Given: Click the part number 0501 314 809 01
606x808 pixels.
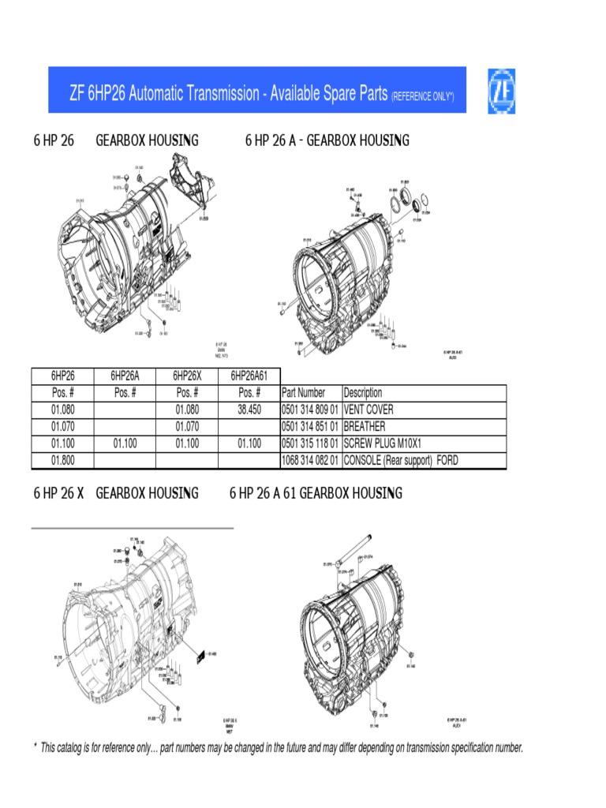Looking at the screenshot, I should tap(310, 410).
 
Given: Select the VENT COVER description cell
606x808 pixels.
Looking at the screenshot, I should tap(368, 410).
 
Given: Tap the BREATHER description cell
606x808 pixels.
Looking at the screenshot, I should tap(363, 427).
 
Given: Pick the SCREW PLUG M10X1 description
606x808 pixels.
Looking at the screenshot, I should tap(383, 444).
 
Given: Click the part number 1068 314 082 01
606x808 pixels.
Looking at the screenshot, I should tap(310, 461).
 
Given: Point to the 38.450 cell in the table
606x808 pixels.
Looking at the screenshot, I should tap(249, 410).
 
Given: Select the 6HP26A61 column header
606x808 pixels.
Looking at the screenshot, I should tap(249, 376).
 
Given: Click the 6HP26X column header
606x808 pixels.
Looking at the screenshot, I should tap(187, 376).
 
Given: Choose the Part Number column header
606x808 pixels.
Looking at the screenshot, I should tap(304, 393).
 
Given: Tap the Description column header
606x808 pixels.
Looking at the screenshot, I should tap(363, 393).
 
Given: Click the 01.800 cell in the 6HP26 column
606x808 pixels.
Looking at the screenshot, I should tap(63, 461).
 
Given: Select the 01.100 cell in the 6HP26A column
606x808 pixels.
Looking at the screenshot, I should tap(125, 444).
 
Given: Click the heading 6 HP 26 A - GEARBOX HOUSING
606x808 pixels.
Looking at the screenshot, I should tap(327, 140).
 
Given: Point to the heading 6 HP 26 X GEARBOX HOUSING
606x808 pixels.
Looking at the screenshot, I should tap(116, 493).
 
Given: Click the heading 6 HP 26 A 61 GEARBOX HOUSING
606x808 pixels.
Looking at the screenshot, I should tap(316, 493).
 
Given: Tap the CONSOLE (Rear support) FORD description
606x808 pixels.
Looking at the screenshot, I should tap(401, 461).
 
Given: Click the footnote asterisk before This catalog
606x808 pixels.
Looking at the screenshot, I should tap(35, 746).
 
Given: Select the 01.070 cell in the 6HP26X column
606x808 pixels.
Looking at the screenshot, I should tap(187, 427).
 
